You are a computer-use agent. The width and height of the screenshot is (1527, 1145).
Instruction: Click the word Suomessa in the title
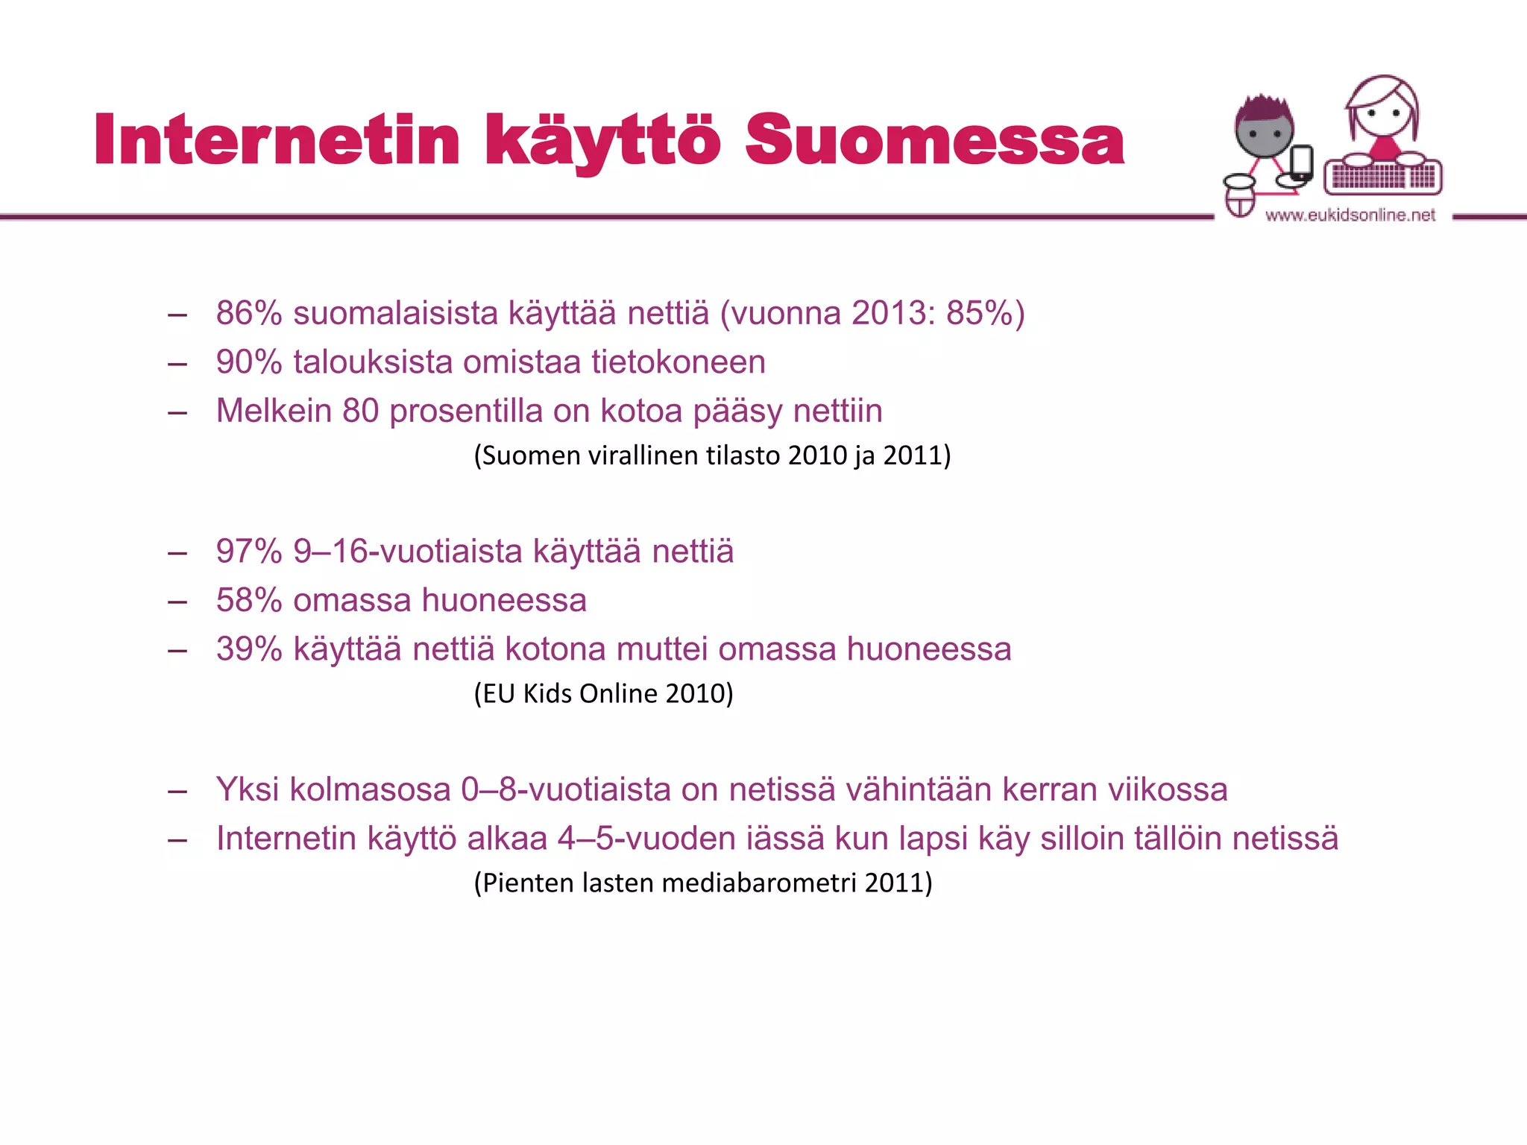click(934, 140)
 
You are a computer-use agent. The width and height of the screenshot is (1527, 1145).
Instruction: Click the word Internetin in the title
click(277, 140)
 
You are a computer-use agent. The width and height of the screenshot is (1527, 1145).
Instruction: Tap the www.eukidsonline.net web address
click(1350, 215)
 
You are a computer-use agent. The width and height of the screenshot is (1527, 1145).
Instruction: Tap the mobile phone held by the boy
click(1301, 163)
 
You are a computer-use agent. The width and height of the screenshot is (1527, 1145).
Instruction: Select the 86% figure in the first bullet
click(249, 313)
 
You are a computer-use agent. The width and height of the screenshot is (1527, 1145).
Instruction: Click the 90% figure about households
click(249, 362)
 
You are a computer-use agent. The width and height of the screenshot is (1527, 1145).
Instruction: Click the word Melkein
click(274, 411)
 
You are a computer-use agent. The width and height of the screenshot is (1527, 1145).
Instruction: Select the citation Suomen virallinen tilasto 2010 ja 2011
click(712, 455)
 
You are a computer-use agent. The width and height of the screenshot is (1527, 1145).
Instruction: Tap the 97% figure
click(249, 552)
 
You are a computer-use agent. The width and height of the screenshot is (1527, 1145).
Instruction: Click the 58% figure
click(249, 601)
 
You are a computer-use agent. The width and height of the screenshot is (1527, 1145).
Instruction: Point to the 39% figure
click(249, 649)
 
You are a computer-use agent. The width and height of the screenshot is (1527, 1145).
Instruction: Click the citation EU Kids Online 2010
click(604, 694)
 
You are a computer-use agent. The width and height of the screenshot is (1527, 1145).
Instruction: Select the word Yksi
click(247, 790)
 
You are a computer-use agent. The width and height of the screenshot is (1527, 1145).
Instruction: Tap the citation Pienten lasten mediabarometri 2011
click(703, 883)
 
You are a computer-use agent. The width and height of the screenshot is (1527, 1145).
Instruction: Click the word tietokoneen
click(679, 362)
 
